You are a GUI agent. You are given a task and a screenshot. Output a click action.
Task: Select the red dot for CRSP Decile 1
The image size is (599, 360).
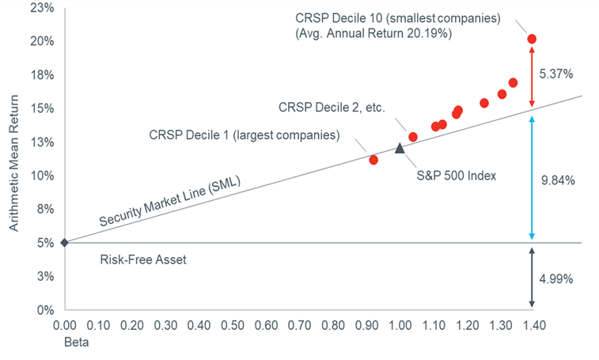click(373, 160)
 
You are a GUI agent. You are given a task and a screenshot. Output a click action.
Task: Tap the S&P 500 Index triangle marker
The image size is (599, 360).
click(400, 148)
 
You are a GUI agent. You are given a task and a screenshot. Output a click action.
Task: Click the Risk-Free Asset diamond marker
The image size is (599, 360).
click(64, 242)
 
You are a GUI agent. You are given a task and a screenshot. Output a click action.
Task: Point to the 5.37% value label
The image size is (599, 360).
click(555, 74)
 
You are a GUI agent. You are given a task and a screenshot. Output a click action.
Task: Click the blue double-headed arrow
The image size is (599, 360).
click(532, 178)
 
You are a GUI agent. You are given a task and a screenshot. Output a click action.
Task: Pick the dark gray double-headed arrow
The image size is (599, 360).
click(532, 277)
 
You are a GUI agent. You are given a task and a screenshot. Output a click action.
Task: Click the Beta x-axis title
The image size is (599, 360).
click(75, 343)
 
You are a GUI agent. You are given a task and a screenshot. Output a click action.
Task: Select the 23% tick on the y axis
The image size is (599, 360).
click(43, 8)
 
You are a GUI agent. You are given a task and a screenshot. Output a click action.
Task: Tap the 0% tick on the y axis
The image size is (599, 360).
click(45, 309)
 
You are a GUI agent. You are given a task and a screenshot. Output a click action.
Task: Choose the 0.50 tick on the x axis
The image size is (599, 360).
click(232, 324)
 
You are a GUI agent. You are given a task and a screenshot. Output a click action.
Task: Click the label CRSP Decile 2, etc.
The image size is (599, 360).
click(331, 107)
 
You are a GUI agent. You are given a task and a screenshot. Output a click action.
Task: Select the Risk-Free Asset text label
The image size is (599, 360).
click(143, 259)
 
